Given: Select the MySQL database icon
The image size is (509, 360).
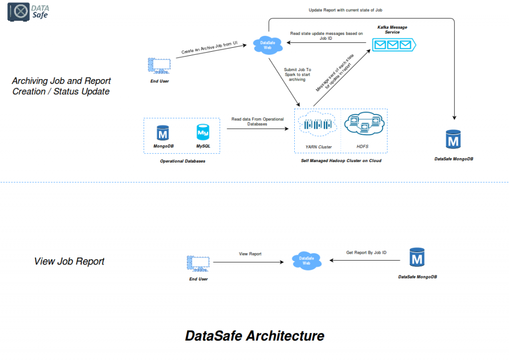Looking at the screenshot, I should pos(203,133).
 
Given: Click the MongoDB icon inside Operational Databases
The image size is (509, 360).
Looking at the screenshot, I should pos(163,133).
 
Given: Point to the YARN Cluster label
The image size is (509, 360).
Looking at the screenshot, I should pos(319,147).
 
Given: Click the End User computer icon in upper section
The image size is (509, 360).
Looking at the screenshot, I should pos(159,66).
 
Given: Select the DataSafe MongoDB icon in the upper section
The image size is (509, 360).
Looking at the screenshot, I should pos(453,140).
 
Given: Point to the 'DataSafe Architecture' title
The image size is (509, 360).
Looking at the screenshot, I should pos(254,336).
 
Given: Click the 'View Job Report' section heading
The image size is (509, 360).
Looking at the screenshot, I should pos(69,261).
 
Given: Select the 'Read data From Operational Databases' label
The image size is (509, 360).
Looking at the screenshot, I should pos(257,121).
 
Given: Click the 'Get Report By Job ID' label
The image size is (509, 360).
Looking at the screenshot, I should pos(366,253).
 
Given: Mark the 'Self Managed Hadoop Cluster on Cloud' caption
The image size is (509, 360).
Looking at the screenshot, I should pos(341,161).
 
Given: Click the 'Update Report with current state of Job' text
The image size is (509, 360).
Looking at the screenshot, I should pos(345,10).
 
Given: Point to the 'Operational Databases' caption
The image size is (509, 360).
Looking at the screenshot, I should pos(182,161).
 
